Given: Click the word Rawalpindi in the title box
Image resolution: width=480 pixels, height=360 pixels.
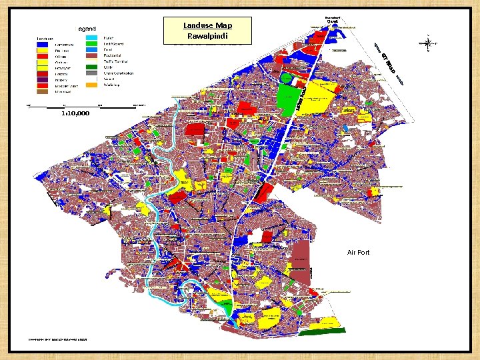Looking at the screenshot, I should (x=207, y=35).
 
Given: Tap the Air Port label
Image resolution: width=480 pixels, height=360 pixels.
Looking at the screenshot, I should (x=358, y=253).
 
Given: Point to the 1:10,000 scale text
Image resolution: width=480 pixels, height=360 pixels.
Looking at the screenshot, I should (x=75, y=114).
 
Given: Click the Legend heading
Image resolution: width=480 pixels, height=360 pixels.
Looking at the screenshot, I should (x=87, y=29).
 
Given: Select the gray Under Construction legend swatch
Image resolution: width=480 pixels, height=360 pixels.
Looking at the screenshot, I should (x=92, y=73).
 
